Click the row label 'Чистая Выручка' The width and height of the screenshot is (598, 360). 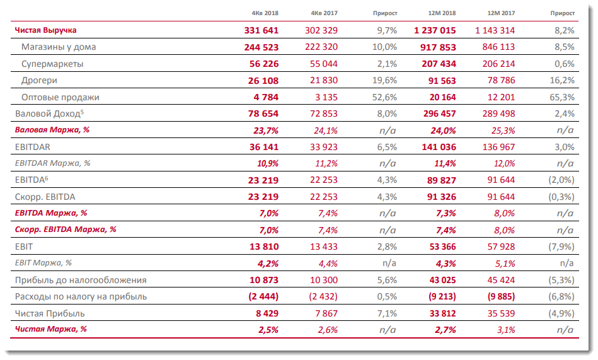(x=45, y=30)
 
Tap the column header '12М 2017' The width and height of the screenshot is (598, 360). (x=502, y=13)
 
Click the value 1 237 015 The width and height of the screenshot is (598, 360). (x=434, y=30)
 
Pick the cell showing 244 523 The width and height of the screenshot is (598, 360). (x=261, y=47)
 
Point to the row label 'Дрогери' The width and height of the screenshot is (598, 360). (x=39, y=81)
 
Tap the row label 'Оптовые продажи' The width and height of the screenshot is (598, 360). (x=60, y=98)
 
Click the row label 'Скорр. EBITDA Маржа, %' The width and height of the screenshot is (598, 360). (x=66, y=229)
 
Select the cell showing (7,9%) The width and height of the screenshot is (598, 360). (x=560, y=246)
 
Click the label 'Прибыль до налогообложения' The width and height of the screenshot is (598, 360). (x=81, y=280)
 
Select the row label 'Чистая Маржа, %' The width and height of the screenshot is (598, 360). (x=50, y=328)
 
